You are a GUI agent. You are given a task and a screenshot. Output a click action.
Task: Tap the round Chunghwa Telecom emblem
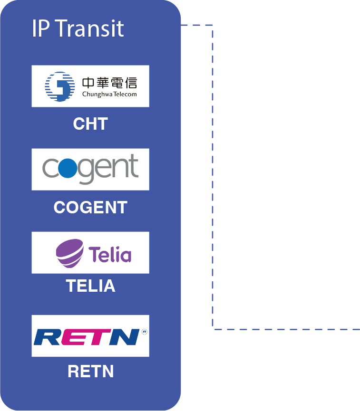click(60, 86)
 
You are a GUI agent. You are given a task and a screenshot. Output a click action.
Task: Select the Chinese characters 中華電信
click(109, 83)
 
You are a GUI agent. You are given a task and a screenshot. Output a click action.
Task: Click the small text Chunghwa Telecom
click(109, 94)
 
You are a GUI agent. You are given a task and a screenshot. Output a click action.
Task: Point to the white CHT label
click(90, 124)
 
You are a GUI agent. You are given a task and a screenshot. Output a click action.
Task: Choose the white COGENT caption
click(90, 207)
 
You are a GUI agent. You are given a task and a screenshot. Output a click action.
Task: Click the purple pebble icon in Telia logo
click(69, 252)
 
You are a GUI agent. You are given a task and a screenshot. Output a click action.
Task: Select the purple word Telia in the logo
click(110, 254)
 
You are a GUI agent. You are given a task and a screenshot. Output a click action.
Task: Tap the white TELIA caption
click(90, 286)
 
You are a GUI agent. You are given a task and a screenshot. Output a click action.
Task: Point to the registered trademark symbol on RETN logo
click(144, 331)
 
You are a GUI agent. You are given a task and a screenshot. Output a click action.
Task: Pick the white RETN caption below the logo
click(90, 371)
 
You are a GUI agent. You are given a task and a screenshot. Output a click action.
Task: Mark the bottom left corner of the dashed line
click(213, 328)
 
